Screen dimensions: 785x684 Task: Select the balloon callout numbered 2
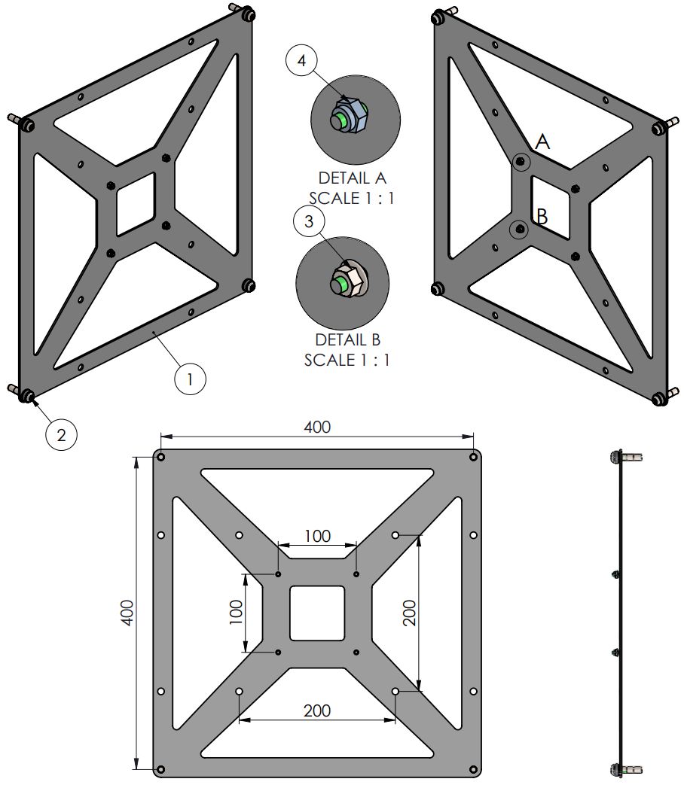[62, 434]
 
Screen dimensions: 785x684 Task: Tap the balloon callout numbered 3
[309, 222]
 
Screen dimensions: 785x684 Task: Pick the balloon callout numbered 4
[302, 62]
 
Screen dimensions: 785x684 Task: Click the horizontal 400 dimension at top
[317, 427]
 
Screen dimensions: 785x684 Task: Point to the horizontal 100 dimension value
[317, 536]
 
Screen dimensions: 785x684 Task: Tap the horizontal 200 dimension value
[317, 710]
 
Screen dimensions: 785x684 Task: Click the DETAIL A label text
[352, 178]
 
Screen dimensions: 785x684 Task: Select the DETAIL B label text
[348, 340]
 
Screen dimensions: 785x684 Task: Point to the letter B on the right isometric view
[541, 217]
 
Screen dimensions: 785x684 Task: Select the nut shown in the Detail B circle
[347, 281]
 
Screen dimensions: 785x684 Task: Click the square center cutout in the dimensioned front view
[317, 613]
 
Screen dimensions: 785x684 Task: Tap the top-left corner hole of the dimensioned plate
[161, 457]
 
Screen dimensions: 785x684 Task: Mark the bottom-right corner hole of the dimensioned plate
[473, 769]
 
